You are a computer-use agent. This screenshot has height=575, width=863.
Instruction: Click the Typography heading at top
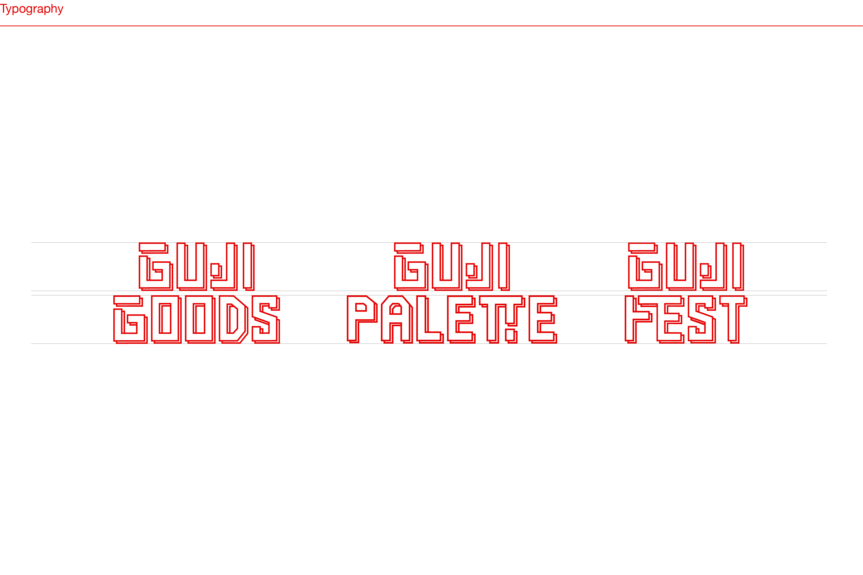point(32,9)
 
